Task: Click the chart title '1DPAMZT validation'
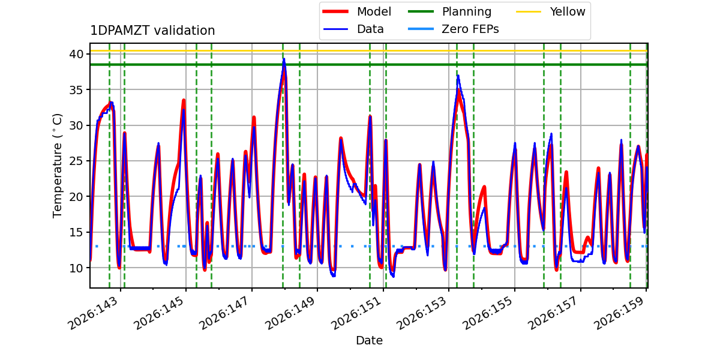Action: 152,31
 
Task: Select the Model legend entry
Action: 357,11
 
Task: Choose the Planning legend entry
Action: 449,11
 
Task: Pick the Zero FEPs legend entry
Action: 453,29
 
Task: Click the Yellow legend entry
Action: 551,11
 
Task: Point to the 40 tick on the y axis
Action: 76,54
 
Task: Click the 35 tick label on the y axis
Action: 76,89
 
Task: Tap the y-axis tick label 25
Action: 76,161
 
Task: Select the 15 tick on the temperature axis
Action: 76,232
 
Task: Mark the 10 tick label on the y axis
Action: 76,268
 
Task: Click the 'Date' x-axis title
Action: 369,340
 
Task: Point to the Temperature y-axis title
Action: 57,166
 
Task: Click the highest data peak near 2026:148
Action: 284,59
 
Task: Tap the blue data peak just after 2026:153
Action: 458,76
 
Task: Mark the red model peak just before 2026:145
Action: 184,100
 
